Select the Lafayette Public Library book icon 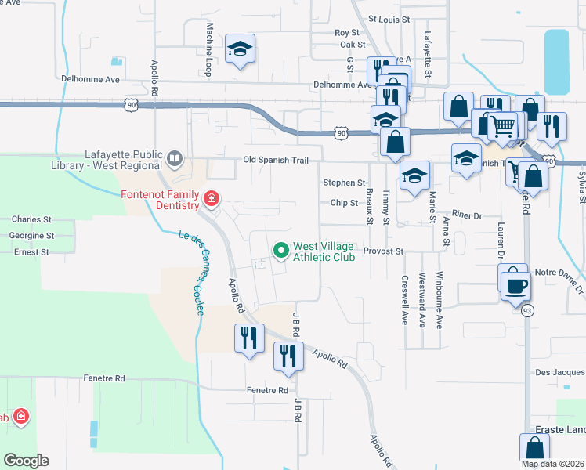pyautogui.click(x=175, y=160)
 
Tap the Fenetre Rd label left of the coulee pyautogui.click(x=103, y=378)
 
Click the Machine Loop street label pyautogui.click(x=210, y=49)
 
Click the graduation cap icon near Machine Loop pyautogui.click(x=240, y=49)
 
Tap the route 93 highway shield pyautogui.click(x=523, y=310)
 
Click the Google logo pyautogui.click(x=26, y=461)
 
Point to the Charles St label pyautogui.click(x=31, y=220)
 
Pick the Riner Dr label pyautogui.click(x=465, y=215)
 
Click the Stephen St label pyautogui.click(x=344, y=183)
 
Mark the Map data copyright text pyautogui.click(x=552, y=464)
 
